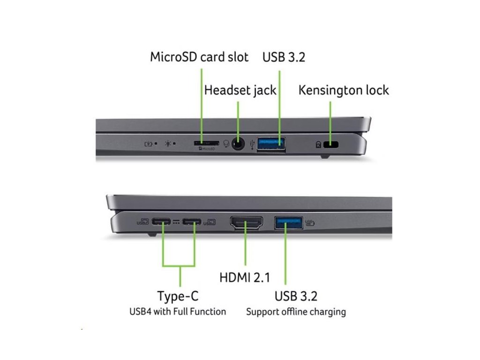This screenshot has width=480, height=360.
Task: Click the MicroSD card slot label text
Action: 199,57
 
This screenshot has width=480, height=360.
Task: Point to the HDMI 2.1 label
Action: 245,277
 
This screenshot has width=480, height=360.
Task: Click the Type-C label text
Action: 178,296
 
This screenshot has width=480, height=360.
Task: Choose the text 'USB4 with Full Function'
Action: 178,311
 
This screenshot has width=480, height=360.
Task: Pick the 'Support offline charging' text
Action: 296,311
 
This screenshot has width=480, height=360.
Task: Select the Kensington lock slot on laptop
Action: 333,144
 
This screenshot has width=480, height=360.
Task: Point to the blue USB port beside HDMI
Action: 288,222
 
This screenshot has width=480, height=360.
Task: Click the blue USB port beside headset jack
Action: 271,143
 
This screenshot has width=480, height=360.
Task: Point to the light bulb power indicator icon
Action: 168,143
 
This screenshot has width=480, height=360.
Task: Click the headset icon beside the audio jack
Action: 227,143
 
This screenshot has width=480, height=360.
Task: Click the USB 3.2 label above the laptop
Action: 284,57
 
